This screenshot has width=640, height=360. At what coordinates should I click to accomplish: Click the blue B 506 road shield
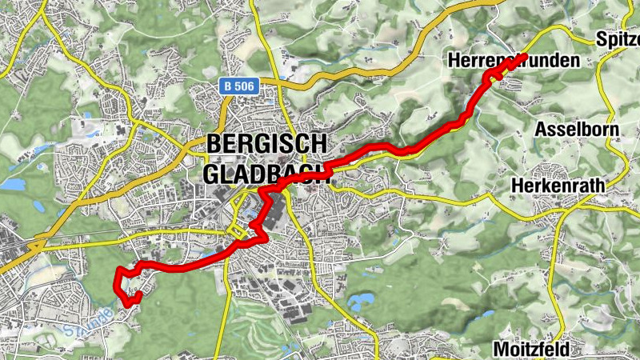pyautogui.click(x=240, y=85)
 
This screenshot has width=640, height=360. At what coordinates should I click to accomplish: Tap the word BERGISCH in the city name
pyautogui.click(x=266, y=144)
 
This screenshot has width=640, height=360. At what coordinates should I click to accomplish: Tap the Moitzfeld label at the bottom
pyautogui.click(x=532, y=350)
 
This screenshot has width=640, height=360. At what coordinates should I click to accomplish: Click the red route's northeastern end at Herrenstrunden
pyautogui.click(x=523, y=57)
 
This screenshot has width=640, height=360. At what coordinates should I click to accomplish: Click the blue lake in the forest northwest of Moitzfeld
pyautogui.click(x=361, y=301)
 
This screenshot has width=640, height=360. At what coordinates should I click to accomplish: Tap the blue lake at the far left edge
pyautogui.click(x=11, y=184)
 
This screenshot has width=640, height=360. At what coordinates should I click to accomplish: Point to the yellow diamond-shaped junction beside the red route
pyautogui.click(x=237, y=231)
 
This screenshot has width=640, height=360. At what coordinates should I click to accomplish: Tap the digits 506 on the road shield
pyautogui.click(x=245, y=85)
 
